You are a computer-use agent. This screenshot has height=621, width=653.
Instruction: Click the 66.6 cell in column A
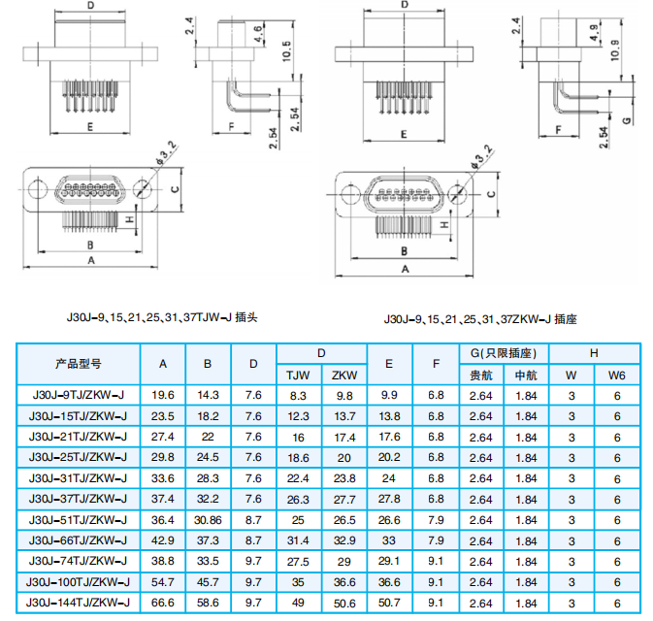[162, 603]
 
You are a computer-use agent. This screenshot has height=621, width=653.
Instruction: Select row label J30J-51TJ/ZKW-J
[78, 520]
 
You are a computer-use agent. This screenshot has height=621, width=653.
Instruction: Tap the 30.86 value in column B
[208, 520]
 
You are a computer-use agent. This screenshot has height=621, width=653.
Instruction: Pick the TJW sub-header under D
[298, 376]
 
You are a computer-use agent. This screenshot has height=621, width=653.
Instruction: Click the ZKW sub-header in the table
[344, 376]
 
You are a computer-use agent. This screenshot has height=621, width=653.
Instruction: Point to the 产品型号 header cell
[79, 364]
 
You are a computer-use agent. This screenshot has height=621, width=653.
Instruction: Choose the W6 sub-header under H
[617, 376]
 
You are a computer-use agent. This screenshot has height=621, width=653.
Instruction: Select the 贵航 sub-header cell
[481, 376]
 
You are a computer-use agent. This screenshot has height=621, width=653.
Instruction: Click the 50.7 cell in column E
[389, 603]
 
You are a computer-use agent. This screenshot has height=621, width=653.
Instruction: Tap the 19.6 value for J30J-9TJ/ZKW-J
[162, 395]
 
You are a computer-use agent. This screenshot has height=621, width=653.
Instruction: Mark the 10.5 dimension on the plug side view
[287, 50]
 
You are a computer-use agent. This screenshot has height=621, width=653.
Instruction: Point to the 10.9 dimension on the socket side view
[615, 50]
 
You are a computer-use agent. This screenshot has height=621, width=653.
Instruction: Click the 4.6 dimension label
[258, 34]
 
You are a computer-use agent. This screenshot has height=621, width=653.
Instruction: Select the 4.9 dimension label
[595, 33]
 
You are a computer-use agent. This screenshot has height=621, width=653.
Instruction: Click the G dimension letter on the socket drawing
[627, 120]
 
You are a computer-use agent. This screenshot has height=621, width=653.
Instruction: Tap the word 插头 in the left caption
[246, 317]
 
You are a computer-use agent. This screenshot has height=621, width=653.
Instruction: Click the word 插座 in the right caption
[566, 319]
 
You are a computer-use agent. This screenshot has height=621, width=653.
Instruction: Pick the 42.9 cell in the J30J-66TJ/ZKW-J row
[162, 540]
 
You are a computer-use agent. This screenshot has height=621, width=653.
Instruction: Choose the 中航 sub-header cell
[526, 376]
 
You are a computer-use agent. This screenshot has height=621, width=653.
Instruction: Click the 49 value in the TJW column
[298, 603]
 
